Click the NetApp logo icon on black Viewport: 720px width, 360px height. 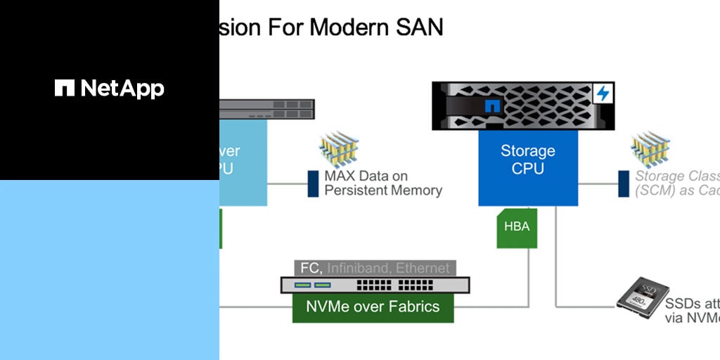65,88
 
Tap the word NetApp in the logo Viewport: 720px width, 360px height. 122,89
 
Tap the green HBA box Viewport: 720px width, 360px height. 517,228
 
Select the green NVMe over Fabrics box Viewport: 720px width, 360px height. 373,307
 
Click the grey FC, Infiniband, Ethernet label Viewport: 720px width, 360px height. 375,268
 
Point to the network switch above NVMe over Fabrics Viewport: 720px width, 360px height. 375,285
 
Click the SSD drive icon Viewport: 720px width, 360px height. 638,295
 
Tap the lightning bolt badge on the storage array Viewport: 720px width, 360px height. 603,93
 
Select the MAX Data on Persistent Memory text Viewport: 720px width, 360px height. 383,183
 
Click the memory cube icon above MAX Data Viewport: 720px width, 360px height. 340,149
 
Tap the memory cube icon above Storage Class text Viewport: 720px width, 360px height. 650,149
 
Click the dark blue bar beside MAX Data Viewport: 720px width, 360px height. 313,184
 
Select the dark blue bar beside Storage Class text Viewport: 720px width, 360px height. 622,184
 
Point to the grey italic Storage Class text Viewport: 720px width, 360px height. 677,184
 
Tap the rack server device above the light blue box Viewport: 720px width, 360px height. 267,109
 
